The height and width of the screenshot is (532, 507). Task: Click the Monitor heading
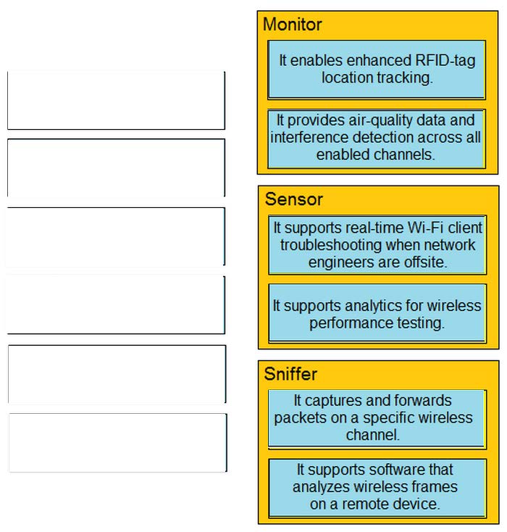coord(293,25)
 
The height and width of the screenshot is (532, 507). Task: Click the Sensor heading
coord(293,199)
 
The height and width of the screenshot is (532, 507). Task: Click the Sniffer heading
coord(290,374)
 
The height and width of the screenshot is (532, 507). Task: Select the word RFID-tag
coord(445,61)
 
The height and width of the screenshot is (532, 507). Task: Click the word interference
coord(309,138)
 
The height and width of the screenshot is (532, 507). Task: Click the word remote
coord(363,504)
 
